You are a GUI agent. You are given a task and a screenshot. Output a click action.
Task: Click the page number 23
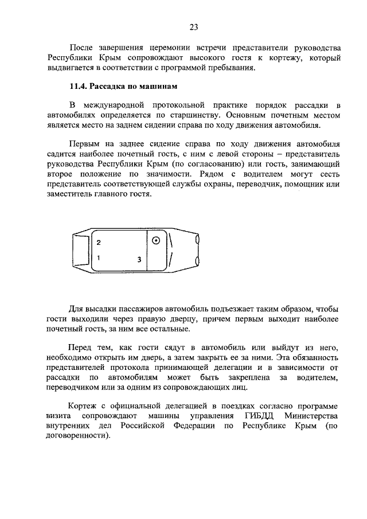pos(194,26)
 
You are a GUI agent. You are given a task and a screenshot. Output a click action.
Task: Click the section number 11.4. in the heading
pos(78,87)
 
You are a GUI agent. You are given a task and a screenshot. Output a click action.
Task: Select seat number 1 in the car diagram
pos(99,258)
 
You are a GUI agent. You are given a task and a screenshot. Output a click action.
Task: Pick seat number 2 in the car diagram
pos(99,243)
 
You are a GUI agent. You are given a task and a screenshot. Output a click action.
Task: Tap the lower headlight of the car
pos(197,262)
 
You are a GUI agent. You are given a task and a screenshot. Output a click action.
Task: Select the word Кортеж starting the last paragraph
pos(85,405)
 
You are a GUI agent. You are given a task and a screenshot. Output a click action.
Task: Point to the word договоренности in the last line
pos(78,436)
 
